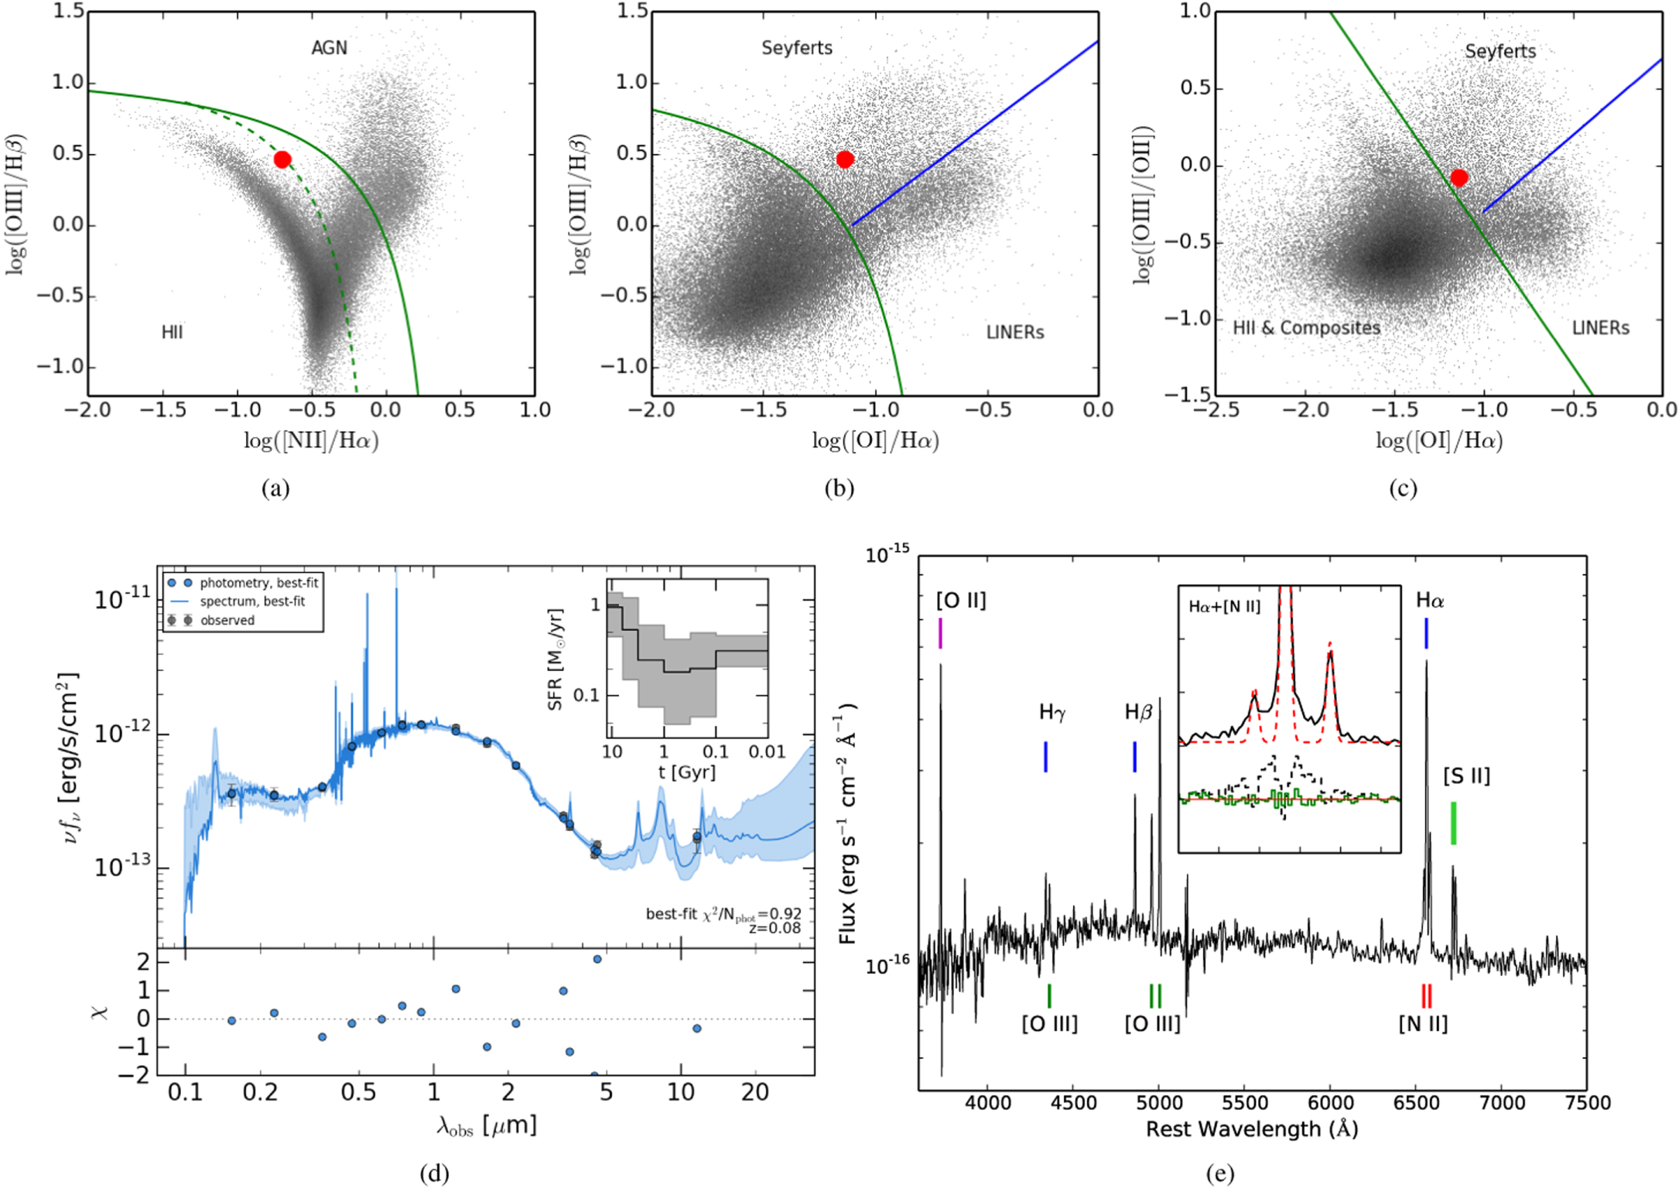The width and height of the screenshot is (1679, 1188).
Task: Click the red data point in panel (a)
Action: [x=282, y=159]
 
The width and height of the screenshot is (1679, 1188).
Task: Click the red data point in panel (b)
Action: [x=845, y=159]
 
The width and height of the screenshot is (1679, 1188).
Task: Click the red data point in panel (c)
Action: [x=1459, y=178]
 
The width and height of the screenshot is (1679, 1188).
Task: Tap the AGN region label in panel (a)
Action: [x=329, y=48]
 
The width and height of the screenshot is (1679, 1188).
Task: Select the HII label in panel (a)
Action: [x=172, y=332]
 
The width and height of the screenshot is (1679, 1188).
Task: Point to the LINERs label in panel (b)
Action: [x=1015, y=332]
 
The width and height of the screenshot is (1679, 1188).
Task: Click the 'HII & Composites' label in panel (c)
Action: [x=1307, y=328]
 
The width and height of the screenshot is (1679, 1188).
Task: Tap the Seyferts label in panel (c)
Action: [x=1500, y=51]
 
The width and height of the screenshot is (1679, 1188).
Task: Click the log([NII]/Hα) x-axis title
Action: [x=311, y=441]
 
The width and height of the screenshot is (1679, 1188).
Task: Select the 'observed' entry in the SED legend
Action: [x=227, y=620]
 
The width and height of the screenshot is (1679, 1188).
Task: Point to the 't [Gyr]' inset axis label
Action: [x=686, y=772]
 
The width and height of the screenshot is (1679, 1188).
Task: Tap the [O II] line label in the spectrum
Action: [x=961, y=601]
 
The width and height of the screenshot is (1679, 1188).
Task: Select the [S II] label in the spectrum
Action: [x=1466, y=775]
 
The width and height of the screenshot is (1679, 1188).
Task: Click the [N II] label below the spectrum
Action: [x=1423, y=1024]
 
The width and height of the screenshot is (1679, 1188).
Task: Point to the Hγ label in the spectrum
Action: [x=1052, y=712]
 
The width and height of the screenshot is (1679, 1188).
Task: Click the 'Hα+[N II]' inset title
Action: [x=1224, y=607]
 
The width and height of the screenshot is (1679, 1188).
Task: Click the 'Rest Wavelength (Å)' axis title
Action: [x=1251, y=1130]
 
